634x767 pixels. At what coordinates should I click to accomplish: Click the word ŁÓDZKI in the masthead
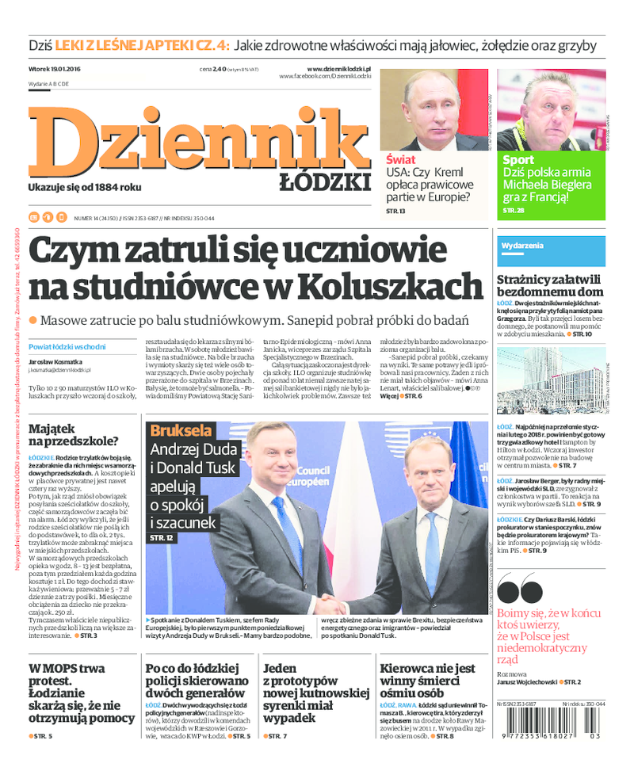(x=325, y=182)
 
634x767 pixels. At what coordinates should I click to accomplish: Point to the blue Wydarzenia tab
(x=523, y=246)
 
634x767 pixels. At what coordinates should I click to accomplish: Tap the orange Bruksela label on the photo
(x=181, y=431)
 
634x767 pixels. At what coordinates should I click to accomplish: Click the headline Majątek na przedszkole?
(x=74, y=434)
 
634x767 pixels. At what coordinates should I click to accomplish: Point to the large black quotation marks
(x=519, y=590)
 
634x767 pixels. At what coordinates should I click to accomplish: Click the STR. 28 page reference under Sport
(x=514, y=211)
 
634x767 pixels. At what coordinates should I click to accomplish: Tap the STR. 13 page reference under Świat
(x=395, y=212)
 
